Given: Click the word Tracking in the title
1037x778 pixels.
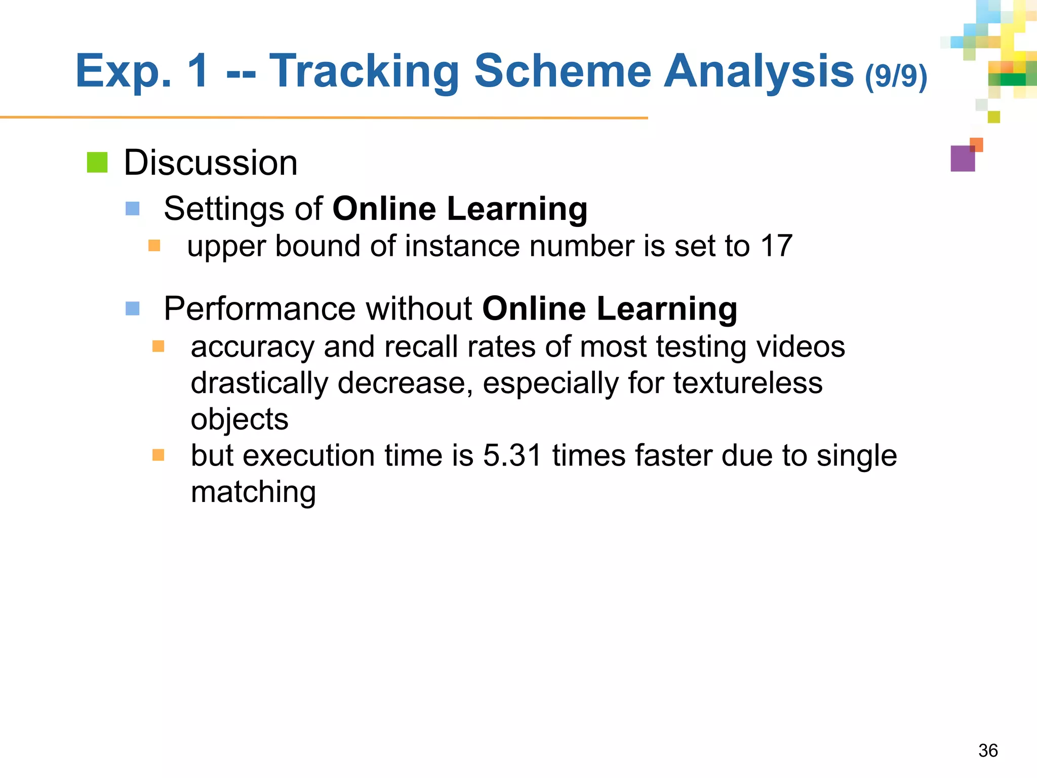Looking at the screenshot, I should (364, 72).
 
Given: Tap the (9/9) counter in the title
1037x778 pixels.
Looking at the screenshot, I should (896, 76).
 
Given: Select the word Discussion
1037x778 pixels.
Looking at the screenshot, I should (211, 163).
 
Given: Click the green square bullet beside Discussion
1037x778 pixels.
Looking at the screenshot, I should (97, 163).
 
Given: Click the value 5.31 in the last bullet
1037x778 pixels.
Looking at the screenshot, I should (512, 455).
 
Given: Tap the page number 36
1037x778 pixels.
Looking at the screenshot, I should (988, 751).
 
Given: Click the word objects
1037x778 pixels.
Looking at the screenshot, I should (240, 420).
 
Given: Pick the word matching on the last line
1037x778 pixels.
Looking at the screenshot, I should (253, 492).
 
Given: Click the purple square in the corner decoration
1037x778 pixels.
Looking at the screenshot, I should (963, 159).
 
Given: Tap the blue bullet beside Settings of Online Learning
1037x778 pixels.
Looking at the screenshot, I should (133, 209).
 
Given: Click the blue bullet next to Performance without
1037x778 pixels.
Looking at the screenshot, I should (133, 308).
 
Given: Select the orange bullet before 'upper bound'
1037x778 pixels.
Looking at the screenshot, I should (154, 246).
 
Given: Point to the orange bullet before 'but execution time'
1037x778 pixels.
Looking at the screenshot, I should (158, 455).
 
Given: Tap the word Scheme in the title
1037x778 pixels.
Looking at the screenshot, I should (563, 72).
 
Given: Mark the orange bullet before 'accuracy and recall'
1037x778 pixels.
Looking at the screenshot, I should (158, 346).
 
